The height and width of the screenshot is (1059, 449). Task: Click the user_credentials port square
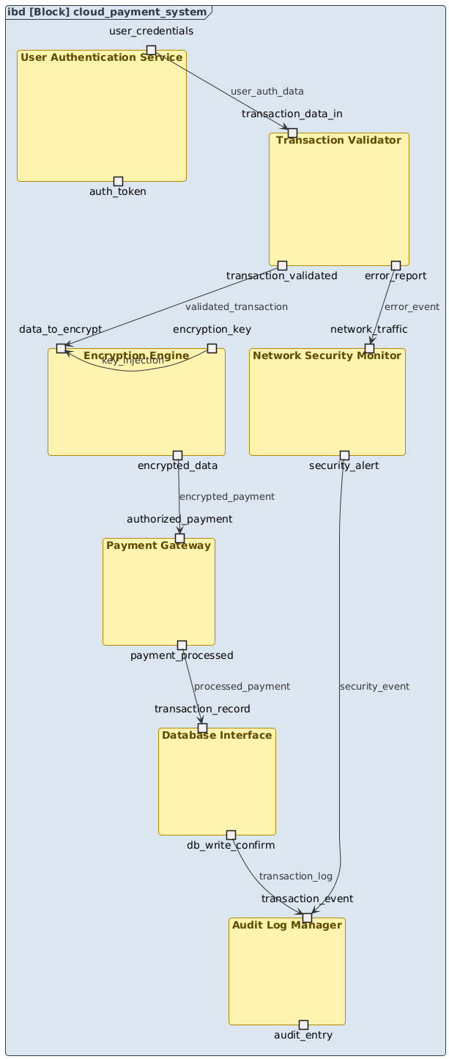[x=151, y=50]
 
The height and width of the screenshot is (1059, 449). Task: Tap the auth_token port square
[x=118, y=181]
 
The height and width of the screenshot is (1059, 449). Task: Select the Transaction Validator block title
[x=339, y=140]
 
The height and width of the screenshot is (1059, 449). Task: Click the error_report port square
[x=396, y=265]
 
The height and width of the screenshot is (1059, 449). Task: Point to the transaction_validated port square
[x=282, y=265]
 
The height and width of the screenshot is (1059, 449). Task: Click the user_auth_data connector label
[x=267, y=92]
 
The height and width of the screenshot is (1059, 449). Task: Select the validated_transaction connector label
[x=237, y=306]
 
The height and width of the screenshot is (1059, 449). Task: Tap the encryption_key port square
[x=212, y=348]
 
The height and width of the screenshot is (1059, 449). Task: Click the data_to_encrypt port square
[x=61, y=348]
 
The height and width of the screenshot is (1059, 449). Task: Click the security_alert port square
[x=344, y=455]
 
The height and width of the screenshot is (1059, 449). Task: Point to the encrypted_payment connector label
[x=226, y=496]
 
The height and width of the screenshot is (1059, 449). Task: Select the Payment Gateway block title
[x=158, y=545]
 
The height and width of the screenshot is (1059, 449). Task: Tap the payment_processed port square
[x=182, y=645]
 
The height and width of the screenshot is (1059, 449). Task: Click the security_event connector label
[x=374, y=687]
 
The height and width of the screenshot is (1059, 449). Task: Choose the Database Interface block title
[x=217, y=735]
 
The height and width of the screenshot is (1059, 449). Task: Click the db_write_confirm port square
[x=231, y=835]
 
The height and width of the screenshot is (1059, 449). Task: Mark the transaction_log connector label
[x=295, y=877]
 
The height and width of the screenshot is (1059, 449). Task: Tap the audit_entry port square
[x=303, y=1025]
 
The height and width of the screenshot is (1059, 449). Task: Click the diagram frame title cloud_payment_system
[x=107, y=12]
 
